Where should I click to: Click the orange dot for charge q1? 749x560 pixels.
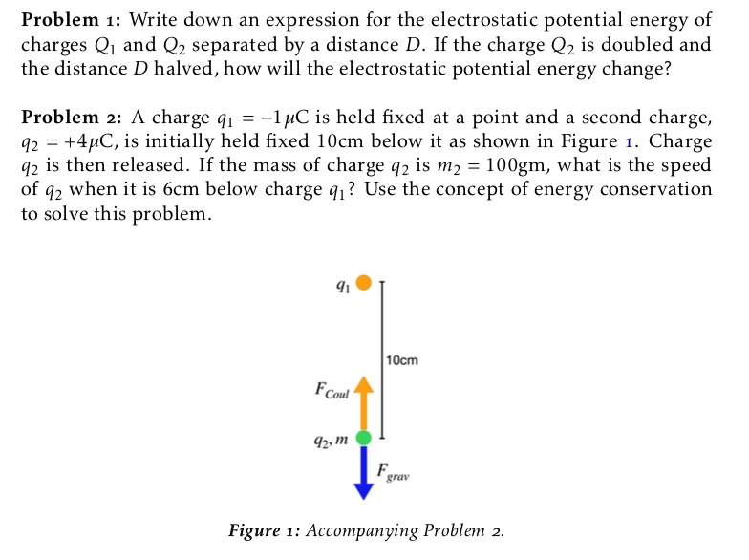pos(363,282)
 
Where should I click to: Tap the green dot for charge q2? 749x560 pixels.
pos(363,438)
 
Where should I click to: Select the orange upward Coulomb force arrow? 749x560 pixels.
pos(363,401)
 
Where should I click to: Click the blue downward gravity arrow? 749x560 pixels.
pos(363,473)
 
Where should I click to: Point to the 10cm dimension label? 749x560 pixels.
pos(402,360)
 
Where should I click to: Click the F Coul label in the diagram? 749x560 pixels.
pos(332,391)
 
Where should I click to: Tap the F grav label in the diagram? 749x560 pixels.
pos(393,472)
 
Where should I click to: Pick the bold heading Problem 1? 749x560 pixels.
pos(71,19)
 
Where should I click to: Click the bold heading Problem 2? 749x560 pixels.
pos(71,118)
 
